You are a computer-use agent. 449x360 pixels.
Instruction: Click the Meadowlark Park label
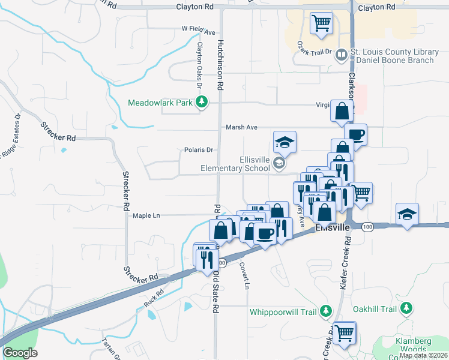point(160,103)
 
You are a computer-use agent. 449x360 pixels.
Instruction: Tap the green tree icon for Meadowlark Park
point(203,103)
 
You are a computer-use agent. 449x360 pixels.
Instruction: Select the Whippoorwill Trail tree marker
point(325,311)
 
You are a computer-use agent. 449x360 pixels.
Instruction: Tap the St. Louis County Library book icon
point(342,55)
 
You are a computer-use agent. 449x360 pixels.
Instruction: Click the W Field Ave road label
point(197,29)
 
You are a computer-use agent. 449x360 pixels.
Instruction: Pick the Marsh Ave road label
point(241,127)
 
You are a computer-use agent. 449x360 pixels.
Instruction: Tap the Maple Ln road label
point(146,215)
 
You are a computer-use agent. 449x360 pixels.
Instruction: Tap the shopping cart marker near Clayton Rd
point(321,23)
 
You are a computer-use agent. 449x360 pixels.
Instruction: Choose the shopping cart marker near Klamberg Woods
point(344,332)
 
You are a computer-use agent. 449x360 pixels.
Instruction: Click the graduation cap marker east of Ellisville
point(407,214)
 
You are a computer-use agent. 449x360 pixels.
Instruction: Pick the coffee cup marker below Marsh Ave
point(355,134)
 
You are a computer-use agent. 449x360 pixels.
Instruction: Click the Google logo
point(20,353)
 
